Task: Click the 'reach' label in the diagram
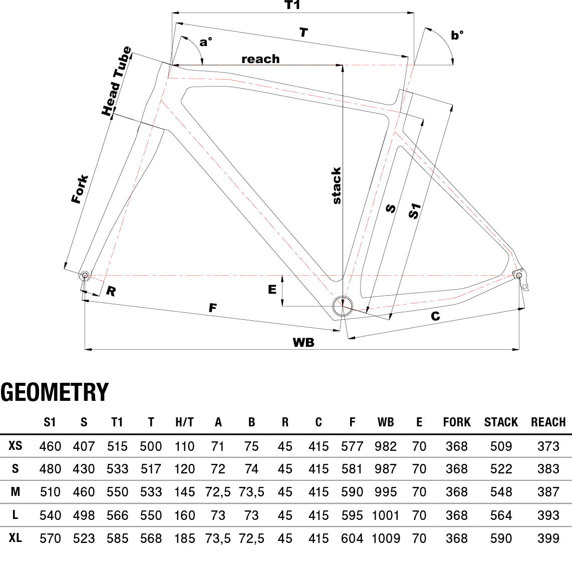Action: coord(260,59)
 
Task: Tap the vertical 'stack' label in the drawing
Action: coord(337,186)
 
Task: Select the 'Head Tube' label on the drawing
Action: coord(117,82)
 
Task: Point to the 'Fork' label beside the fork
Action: coord(80,189)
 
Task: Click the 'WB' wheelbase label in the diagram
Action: coord(304,342)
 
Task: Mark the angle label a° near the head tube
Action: coord(205,42)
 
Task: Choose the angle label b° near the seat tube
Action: coord(457,35)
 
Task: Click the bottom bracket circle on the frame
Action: coord(343,306)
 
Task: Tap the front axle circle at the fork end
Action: coord(85,275)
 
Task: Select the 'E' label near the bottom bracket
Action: coord(272,289)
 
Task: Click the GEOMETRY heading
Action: coord(55,392)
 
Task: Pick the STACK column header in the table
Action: coord(501,422)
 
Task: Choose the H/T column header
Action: coord(184,422)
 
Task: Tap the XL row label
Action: coord(16,538)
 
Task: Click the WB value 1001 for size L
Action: coord(386,515)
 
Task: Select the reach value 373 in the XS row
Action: coord(548,446)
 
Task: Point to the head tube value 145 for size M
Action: coord(184,492)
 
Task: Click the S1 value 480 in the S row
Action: coord(50,469)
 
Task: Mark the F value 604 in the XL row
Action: coord(352,538)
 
